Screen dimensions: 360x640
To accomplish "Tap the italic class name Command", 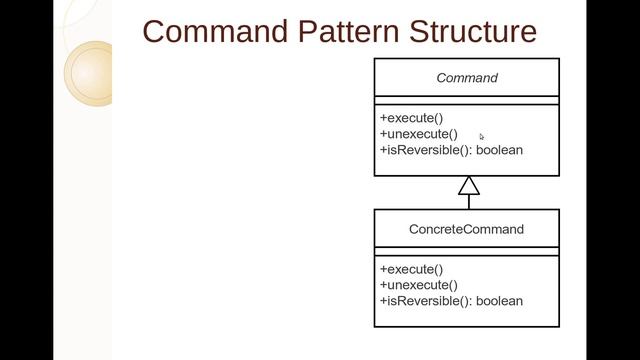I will (467, 78).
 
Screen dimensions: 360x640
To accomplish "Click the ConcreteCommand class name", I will (466, 229).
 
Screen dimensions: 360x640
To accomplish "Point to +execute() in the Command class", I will (411, 118).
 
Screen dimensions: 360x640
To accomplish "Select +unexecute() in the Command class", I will (418, 134).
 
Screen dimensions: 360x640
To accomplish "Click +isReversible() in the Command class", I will (425, 150).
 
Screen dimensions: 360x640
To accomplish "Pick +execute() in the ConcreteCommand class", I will (411, 269).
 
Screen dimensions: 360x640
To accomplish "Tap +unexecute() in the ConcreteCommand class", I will (418, 285).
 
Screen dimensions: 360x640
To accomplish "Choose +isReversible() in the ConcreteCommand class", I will (425, 301).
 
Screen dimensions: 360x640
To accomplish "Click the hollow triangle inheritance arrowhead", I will (469, 186).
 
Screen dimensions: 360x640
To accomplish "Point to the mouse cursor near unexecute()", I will (482, 137).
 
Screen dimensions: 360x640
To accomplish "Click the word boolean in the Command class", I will (499, 150).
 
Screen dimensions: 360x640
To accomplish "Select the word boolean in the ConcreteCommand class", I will (499, 301).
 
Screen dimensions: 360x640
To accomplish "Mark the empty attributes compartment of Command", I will (467, 100).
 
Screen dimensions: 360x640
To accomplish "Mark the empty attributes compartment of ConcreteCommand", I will (467, 252).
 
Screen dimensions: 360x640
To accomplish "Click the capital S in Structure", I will (416, 31).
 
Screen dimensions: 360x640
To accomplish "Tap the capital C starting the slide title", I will (155, 31).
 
